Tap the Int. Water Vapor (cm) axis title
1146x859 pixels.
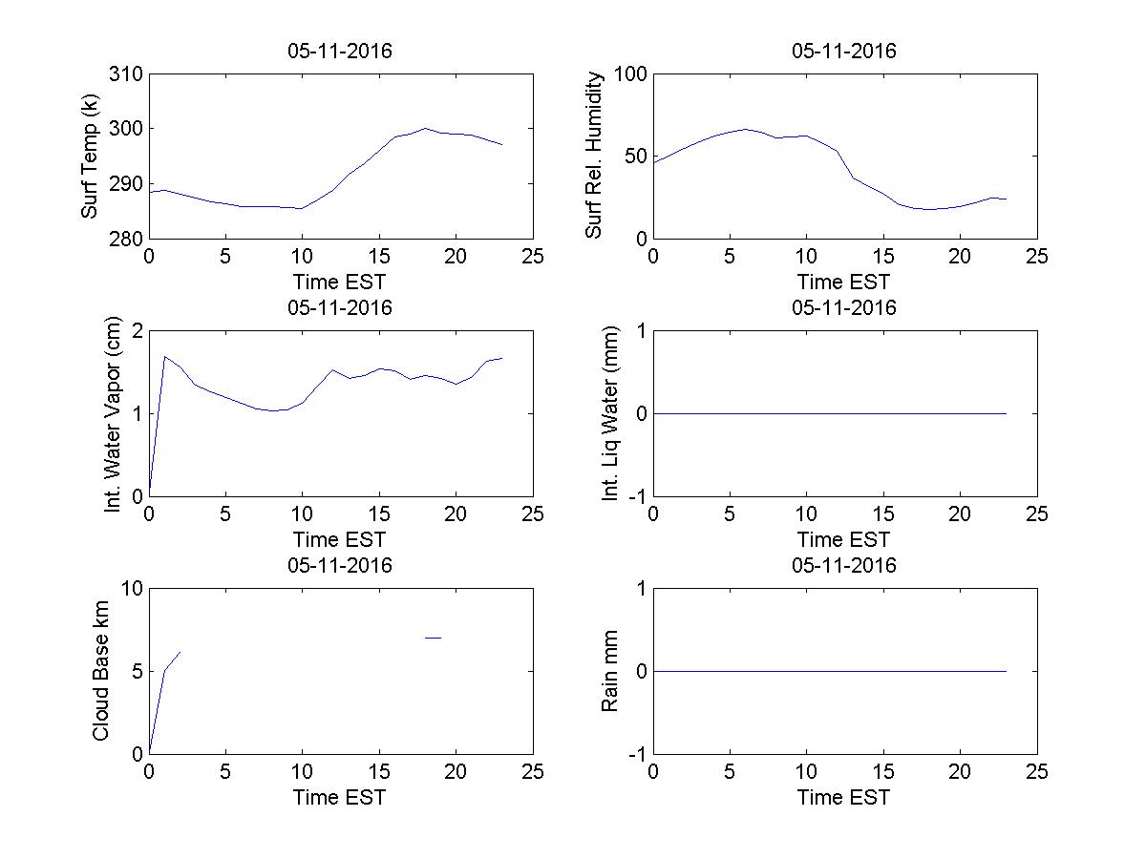[114, 413]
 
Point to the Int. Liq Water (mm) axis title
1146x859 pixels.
[611, 413]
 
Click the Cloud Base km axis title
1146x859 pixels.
[100, 671]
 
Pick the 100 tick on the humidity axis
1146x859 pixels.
[631, 74]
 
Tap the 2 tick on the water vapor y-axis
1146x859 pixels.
[137, 331]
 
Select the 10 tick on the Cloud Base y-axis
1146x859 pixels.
[132, 589]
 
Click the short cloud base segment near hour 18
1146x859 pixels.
[433, 637]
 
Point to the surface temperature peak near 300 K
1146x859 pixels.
[425, 128]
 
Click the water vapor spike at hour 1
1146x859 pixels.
[165, 357]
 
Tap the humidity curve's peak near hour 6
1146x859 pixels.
[745, 129]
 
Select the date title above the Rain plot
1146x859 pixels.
[844, 565]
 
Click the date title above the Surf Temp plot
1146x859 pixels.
[340, 52]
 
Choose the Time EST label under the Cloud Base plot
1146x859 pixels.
[340, 797]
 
